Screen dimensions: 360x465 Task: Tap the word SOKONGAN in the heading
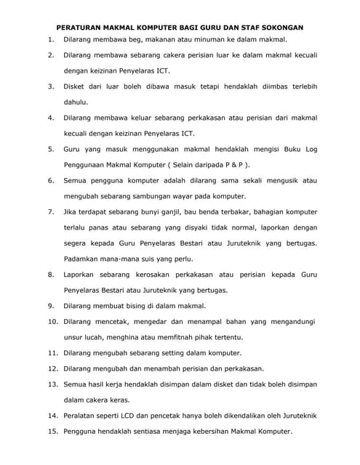279,26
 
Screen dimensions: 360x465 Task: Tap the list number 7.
50,212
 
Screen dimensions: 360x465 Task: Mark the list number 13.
52,384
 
